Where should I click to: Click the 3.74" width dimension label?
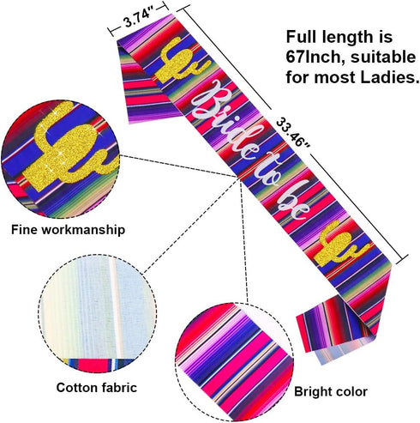pos(137,19)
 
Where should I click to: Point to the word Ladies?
pos(389,77)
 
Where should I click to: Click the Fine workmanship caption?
pos(68,230)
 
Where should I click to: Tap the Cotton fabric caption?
pos(97,388)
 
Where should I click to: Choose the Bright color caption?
pos(331,391)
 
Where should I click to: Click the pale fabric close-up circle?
pos(98,314)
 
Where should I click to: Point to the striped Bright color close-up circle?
pos(234,362)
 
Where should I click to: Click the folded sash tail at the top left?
pos(144,86)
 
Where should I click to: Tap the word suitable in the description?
pos(383,57)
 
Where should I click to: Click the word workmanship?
pos(84,230)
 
